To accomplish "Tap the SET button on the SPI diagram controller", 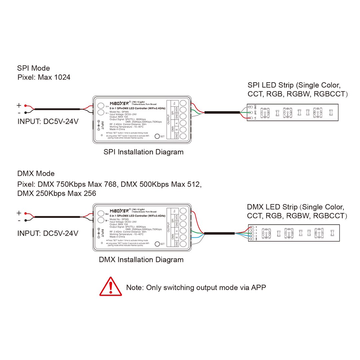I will click(x=157, y=136).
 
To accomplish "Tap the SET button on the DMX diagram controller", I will click(x=157, y=244).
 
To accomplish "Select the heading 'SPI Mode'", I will click(x=34, y=68).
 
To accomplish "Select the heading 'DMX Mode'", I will click(x=36, y=174).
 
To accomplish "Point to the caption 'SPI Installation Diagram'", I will click(x=143, y=152).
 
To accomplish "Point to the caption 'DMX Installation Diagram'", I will click(x=141, y=260).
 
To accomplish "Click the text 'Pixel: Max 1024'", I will click(x=44, y=78).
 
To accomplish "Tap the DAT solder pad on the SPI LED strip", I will click(x=250, y=113).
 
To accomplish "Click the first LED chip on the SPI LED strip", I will click(x=266, y=113).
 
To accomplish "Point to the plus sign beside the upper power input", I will click(x=19, y=106).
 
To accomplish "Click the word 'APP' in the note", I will click(x=259, y=287).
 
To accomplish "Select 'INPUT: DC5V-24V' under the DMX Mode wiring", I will click(x=48, y=233).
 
